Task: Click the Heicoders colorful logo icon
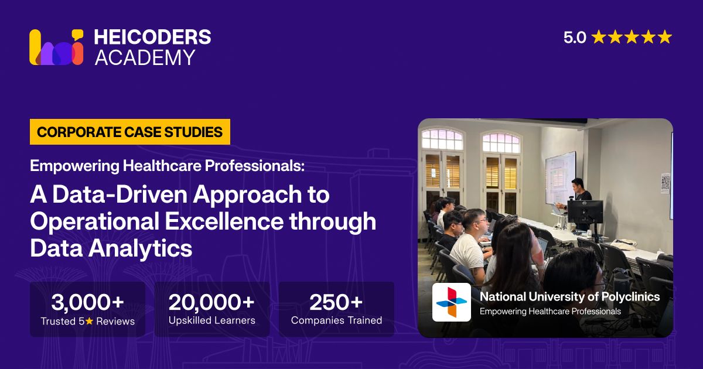pos(56,47)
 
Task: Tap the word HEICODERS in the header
pos(152,37)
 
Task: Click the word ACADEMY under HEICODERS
pos(145,57)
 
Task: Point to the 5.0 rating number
pos(575,37)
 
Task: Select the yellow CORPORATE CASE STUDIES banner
pos(130,132)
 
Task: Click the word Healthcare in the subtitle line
pos(162,166)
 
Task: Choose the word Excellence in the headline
pos(224,221)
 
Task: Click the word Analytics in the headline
pos(140,248)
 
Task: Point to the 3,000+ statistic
pos(87,302)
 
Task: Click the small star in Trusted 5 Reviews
pos(90,321)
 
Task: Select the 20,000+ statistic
pos(211,302)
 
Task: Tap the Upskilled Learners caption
pos(212,320)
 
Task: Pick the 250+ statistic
pos(336,302)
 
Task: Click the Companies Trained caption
pos(336,320)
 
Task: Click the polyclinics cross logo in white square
pos(452,302)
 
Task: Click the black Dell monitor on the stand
pos(585,212)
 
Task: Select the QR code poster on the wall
pos(666,183)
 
